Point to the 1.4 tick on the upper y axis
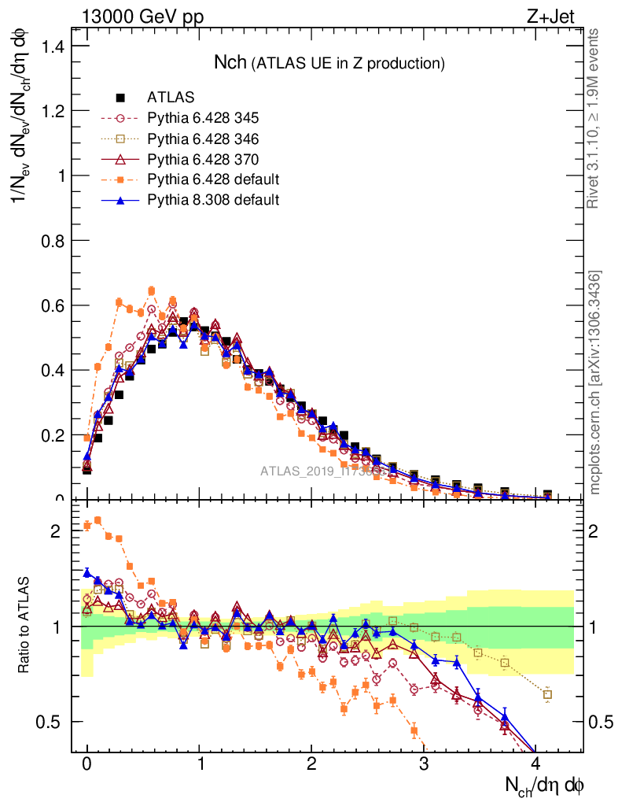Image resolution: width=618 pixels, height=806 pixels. pos(51,46)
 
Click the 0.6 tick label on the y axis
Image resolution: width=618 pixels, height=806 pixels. pos(51,305)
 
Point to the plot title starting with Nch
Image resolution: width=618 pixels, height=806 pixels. pos(329,62)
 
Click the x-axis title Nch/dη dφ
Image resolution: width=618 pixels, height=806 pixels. pos(544,786)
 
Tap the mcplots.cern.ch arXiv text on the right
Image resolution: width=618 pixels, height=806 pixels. pos(595,383)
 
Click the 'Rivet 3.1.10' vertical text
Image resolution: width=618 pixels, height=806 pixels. pos(595,118)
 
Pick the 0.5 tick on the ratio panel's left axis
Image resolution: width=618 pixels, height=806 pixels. pos(51,722)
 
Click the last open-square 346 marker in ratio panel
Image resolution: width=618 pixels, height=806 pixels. pos(548,694)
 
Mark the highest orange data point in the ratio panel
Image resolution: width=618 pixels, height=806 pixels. pos(97,520)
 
